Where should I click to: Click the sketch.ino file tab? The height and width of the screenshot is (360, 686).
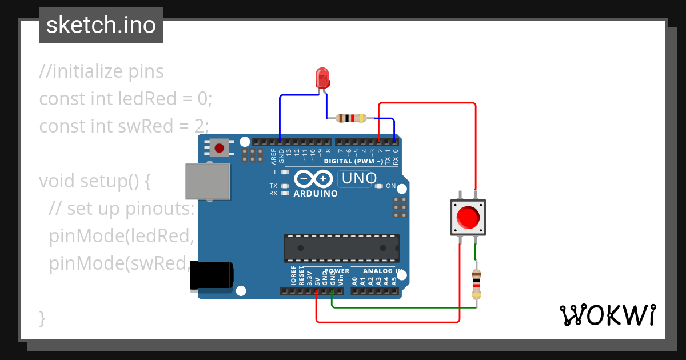[x=101, y=26]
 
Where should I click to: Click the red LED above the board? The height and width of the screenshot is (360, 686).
[x=323, y=78]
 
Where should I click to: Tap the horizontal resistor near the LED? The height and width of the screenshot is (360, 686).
[x=351, y=118]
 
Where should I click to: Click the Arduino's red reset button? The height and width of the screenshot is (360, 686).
[x=219, y=149]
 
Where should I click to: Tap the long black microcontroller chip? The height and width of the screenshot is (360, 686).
[x=341, y=247]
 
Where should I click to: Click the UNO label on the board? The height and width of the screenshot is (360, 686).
[x=358, y=179]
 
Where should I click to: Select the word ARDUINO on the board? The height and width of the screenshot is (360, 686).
[x=316, y=194]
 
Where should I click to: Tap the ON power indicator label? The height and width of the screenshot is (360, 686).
[x=390, y=186]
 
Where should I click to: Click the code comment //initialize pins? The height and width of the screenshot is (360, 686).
[x=101, y=71]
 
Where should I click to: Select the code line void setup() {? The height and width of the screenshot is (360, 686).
[x=94, y=181]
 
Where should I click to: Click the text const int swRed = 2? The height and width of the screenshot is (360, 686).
[x=124, y=125]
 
